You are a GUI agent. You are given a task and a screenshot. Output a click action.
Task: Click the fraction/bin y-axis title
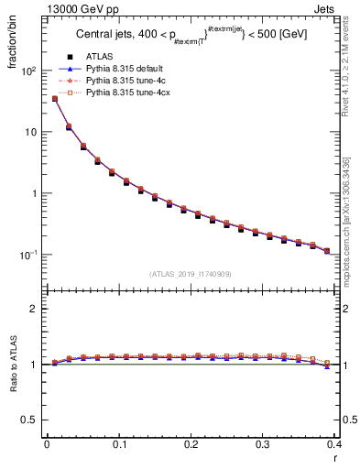13,45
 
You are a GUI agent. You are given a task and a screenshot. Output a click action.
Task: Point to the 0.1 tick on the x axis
119,444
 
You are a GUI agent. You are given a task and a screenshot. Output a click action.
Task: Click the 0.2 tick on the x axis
191,444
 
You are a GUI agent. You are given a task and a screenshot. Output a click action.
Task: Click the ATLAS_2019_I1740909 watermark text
191,274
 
